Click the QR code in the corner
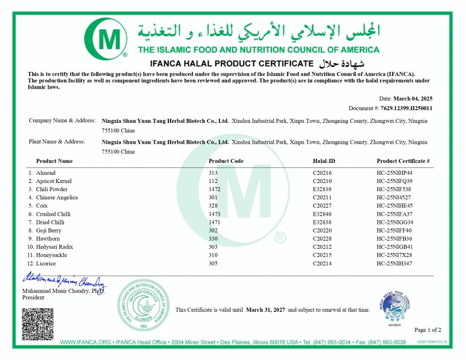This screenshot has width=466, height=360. (x=38, y=324)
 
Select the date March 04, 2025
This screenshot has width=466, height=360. (x=413, y=99)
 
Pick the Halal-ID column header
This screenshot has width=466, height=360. (x=324, y=161)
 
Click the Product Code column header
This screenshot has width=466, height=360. (x=226, y=161)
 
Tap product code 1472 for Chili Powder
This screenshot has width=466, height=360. (x=214, y=189)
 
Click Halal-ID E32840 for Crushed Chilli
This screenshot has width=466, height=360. (x=322, y=214)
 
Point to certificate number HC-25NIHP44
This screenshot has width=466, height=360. (x=394, y=173)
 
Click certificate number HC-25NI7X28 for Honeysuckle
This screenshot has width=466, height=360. (x=394, y=255)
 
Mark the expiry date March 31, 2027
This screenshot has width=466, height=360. (x=265, y=310)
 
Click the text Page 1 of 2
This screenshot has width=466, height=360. (x=427, y=330)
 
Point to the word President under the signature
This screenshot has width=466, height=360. (x=33, y=298)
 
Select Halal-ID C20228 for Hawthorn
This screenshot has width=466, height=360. (x=322, y=239)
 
